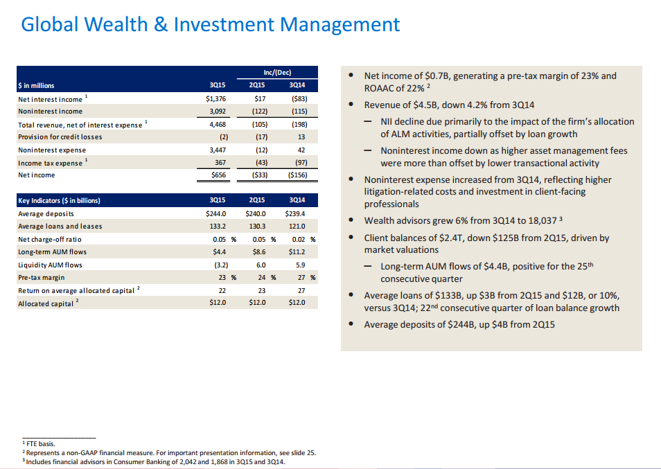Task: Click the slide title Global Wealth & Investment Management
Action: tap(211, 25)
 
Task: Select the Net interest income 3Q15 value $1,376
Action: tap(216, 99)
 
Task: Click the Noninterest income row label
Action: tap(50, 112)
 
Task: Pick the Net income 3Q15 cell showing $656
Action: tap(218, 175)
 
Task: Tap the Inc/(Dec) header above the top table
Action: tap(277, 72)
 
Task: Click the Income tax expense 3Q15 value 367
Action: tap(220, 163)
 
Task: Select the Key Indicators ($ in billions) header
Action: tap(59, 200)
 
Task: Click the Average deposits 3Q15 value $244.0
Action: tap(216, 213)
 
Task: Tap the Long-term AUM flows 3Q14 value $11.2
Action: tap(297, 252)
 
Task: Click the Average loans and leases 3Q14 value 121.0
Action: tap(296, 227)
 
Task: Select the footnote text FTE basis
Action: tap(39, 443)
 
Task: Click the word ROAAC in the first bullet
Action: tap(380, 88)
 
